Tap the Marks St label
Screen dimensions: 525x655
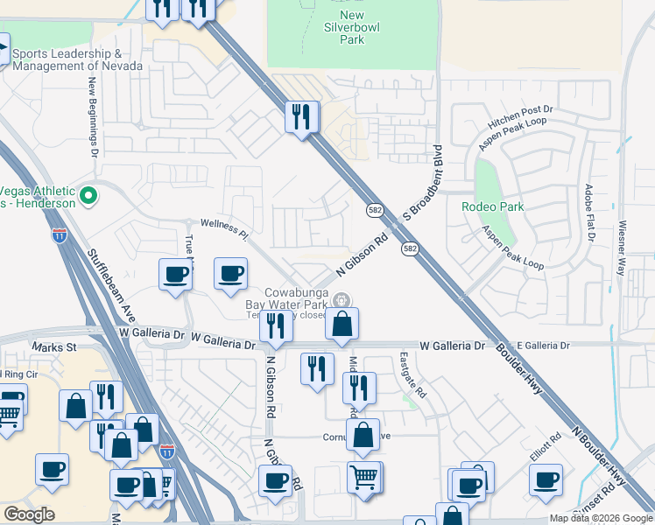pos(54,347)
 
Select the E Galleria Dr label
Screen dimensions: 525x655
pos(545,346)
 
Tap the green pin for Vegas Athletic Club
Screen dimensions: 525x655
pos(88,196)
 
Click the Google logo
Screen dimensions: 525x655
pos(29,514)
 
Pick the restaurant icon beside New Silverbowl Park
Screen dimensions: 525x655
pos(300,117)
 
